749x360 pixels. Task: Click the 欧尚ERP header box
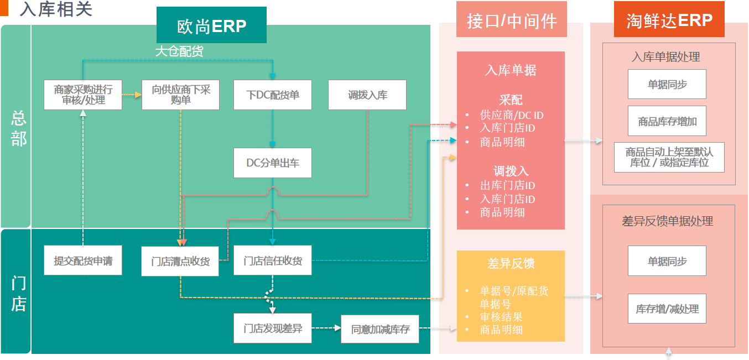(211, 25)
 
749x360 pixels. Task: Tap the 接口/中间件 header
(511, 21)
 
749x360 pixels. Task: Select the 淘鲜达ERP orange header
(669, 20)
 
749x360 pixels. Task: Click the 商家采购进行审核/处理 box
(83, 95)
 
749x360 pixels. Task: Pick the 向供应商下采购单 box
(181, 95)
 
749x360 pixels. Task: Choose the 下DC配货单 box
(273, 95)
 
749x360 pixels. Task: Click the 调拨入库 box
(367, 95)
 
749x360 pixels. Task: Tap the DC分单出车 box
(273, 163)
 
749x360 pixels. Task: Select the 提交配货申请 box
(83, 260)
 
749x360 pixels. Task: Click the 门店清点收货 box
(180, 261)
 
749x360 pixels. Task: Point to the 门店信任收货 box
(273, 260)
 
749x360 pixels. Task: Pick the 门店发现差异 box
(273, 329)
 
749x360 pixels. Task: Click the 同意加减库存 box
(380, 329)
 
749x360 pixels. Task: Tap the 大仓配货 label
(179, 51)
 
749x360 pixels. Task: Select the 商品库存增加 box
(667, 121)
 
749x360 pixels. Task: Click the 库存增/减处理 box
(667, 309)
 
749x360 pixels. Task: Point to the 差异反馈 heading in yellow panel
(511, 264)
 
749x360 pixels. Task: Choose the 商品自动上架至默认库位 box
(669, 157)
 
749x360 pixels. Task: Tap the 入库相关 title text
(56, 9)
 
